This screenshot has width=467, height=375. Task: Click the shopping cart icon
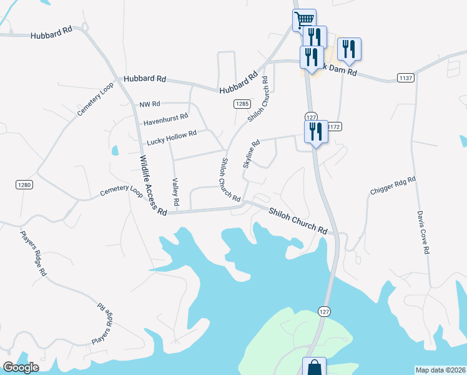(304, 19)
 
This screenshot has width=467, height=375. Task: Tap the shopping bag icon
(314, 367)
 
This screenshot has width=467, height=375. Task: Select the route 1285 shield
(243, 104)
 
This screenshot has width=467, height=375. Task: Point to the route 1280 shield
(24, 185)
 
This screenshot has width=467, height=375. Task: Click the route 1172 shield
(334, 126)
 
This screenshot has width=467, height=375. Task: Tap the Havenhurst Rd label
(165, 118)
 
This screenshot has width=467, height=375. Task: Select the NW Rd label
(150, 104)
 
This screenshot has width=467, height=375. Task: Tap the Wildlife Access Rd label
(152, 186)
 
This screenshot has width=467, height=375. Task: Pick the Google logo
(21, 367)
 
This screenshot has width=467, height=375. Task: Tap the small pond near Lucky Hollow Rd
(115, 151)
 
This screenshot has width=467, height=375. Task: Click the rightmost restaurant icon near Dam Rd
(349, 49)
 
